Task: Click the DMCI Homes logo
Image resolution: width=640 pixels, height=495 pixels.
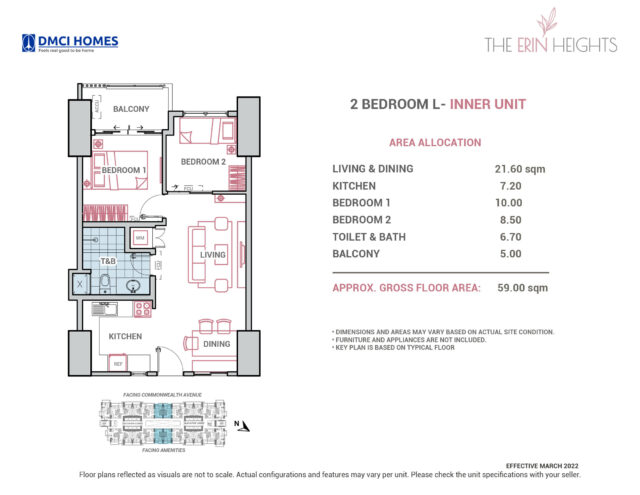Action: click(x=70, y=43)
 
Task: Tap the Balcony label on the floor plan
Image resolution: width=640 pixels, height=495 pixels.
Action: click(x=131, y=108)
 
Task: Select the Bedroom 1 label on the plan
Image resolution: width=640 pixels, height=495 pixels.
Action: click(x=120, y=170)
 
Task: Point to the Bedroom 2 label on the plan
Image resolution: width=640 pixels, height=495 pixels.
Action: click(x=203, y=161)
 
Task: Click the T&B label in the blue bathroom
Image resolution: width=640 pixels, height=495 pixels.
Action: click(x=105, y=261)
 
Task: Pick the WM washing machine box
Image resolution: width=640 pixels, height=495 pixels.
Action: click(x=140, y=237)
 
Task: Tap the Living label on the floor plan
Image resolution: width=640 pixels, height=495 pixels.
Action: click(x=213, y=255)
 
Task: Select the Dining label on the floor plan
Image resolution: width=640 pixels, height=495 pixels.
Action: click(x=217, y=344)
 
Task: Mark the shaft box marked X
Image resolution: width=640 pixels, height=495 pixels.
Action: click(x=79, y=285)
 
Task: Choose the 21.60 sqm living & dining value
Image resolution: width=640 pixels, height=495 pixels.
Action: click(x=513, y=169)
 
